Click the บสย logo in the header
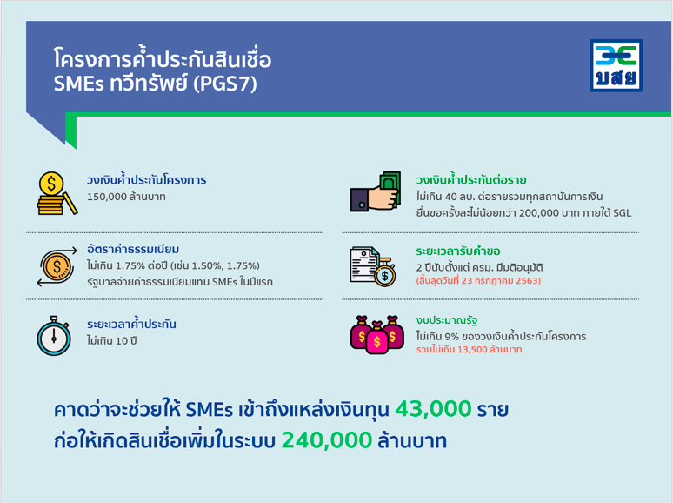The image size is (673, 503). tap(616, 65)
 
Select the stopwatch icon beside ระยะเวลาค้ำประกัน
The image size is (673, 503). tap(54, 336)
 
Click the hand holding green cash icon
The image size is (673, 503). tap(376, 191)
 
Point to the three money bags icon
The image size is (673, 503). tap(376, 335)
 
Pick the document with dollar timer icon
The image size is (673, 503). tap(372, 266)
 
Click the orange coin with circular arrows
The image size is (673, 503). tap(57, 266)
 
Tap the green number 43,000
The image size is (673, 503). tap(433, 408)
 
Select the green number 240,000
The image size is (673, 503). tap(327, 439)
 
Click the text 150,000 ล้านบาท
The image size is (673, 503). tap(126, 197)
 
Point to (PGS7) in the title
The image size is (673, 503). tap(225, 84)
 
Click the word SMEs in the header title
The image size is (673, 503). tap(78, 84)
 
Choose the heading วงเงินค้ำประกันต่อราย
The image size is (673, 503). tap(471, 179)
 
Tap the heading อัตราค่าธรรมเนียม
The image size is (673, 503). tap(133, 249)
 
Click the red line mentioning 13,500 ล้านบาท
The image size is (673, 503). tap(470, 349)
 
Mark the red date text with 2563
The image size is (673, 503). tap(478, 281)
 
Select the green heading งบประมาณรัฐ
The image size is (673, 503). tap(447, 320)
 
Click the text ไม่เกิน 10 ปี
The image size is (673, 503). tap(111, 341)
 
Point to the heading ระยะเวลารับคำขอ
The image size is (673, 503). tap(458, 251)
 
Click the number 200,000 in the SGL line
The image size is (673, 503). tap(539, 213)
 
